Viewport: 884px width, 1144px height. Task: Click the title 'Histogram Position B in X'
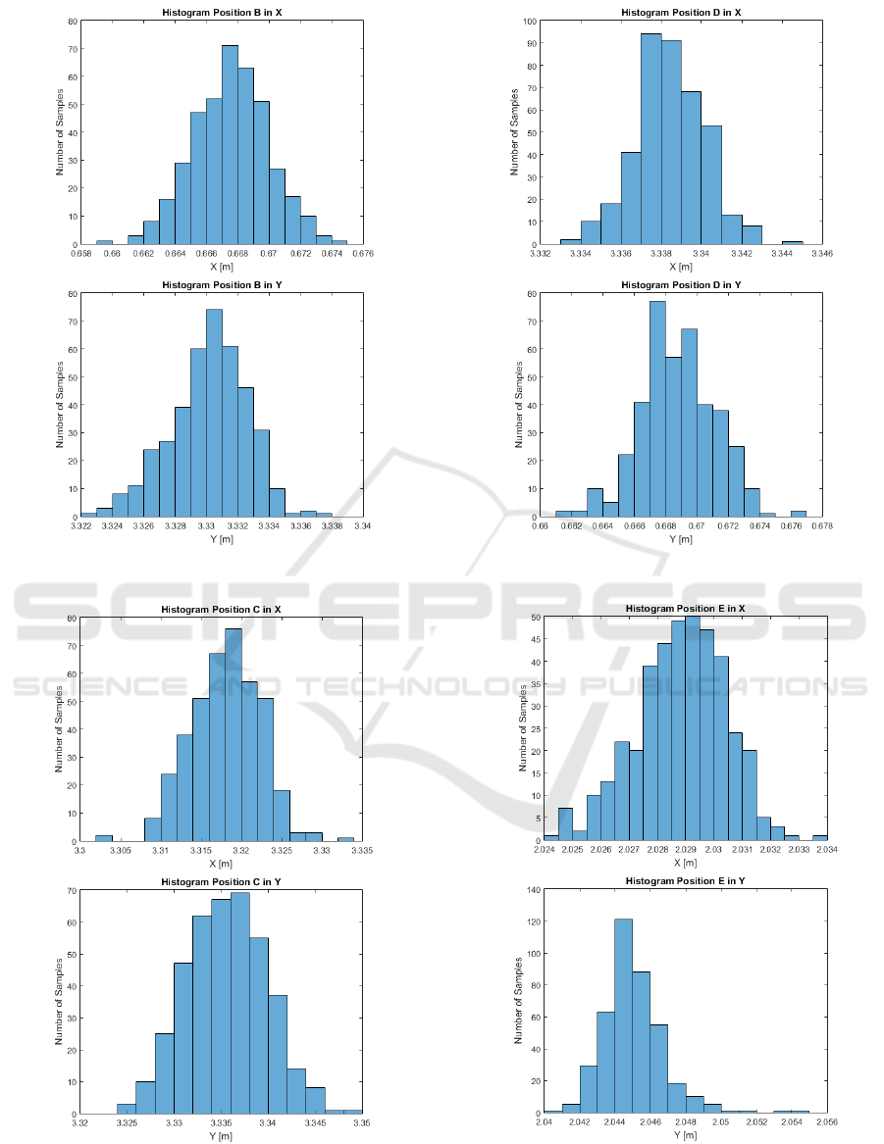[222, 13]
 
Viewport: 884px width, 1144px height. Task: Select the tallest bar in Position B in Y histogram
[214, 413]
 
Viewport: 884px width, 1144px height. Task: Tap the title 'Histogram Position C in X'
[222, 610]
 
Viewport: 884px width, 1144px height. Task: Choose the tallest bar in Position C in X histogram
[233, 735]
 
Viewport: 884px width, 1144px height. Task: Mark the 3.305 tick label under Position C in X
[121, 850]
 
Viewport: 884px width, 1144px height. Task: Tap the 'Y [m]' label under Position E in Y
[686, 1136]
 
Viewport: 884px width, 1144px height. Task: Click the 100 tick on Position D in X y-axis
[530, 21]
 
